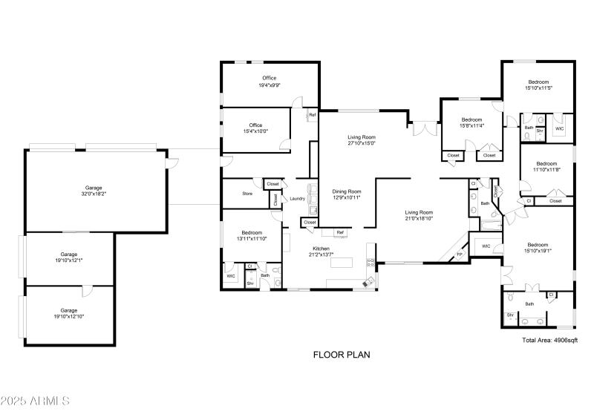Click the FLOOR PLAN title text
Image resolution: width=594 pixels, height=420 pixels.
(341, 355)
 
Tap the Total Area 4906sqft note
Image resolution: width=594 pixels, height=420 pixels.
(549, 340)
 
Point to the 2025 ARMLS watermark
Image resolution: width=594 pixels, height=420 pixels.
(35, 401)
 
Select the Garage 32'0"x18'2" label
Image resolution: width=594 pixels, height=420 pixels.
(93, 191)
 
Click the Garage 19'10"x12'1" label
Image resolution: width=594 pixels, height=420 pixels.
(69, 257)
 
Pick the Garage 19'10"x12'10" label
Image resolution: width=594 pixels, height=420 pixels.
(69, 314)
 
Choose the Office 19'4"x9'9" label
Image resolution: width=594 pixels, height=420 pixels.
(269, 82)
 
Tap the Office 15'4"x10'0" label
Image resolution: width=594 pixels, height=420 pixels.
(256, 128)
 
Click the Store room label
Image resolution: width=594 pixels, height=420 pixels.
(247, 194)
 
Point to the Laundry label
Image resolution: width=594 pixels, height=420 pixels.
(297, 198)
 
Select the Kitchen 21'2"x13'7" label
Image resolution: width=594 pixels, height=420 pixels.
(320, 252)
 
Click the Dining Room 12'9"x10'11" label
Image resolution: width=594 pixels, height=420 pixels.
(345, 194)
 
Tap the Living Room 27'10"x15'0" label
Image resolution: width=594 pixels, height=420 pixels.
(362, 140)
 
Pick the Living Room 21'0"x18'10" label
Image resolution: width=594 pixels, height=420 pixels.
(419, 215)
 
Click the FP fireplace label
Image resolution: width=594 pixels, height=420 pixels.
(459, 255)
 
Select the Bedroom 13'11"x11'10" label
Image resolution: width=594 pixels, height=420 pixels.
(251, 236)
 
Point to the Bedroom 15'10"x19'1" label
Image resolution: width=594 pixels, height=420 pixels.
(538, 248)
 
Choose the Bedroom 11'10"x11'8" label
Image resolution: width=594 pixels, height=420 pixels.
(546, 166)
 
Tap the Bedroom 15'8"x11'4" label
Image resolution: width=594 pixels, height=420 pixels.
(472, 122)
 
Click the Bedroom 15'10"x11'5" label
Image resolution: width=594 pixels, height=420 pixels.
(538, 85)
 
